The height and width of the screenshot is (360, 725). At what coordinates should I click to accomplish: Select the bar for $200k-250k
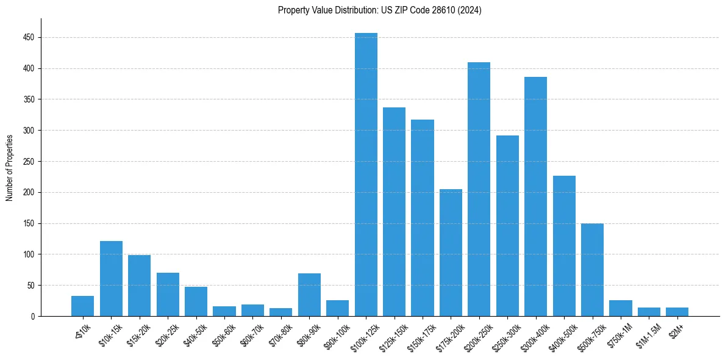pyautogui.click(x=479, y=189)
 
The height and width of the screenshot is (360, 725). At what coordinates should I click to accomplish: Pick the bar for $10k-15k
pyautogui.click(x=111, y=279)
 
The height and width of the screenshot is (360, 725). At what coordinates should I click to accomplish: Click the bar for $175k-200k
pyautogui.click(x=451, y=253)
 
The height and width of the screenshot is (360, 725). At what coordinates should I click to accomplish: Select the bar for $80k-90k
pyautogui.click(x=309, y=295)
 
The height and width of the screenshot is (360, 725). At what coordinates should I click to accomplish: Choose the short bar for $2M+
pyautogui.click(x=677, y=312)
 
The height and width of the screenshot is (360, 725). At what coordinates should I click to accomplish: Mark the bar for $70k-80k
pyautogui.click(x=281, y=312)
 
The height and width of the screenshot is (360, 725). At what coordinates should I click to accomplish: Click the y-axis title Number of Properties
pyautogui.click(x=10, y=168)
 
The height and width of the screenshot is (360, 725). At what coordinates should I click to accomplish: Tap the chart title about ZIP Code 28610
pyautogui.click(x=379, y=10)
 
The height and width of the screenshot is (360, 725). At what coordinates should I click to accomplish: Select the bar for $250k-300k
pyautogui.click(x=507, y=226)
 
